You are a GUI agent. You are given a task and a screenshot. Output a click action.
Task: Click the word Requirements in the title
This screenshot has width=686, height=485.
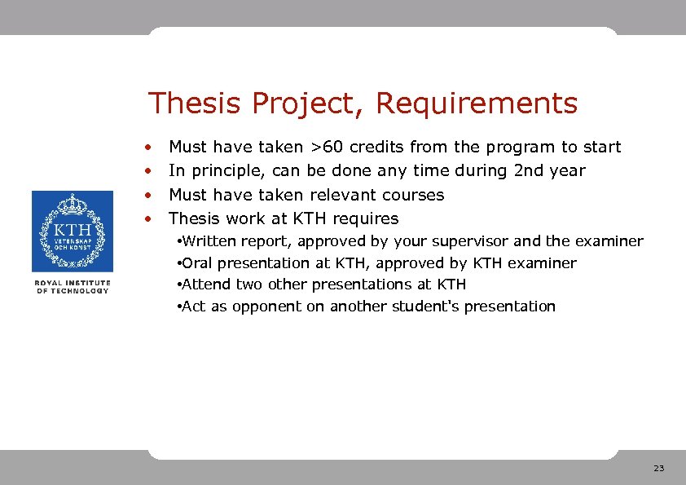[x=477, y=104]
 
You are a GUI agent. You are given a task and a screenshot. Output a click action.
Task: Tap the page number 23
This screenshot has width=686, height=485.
[x=658, y=469]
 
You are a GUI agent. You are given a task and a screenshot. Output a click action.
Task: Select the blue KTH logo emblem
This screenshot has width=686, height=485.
[x=73, y=231]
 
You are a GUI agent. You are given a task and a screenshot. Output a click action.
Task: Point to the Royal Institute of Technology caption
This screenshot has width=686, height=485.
[x=73, y=287]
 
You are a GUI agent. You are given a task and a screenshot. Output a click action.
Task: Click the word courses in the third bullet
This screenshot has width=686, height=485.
[x=417, y=195]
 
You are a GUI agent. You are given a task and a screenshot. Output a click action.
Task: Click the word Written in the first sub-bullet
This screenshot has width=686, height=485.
[x=209, y=241]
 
